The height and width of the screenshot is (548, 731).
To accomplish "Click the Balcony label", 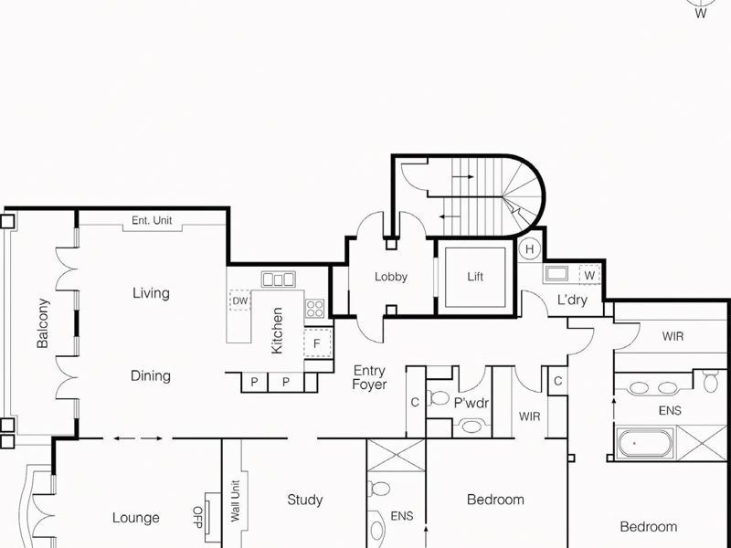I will point(42,323).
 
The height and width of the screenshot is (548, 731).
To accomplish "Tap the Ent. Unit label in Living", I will point(152,220).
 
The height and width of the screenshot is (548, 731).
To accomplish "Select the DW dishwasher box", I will point(239,300).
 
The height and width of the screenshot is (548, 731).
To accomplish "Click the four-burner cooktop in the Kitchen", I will point(314,308).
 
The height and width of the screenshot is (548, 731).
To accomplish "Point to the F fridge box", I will point(317,343).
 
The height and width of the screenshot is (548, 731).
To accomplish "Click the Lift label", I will point(474,277).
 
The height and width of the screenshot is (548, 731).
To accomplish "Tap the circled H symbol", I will point(530,248).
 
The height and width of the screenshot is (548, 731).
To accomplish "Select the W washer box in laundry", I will point(589,274).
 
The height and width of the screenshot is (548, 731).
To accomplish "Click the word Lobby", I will point(391,277).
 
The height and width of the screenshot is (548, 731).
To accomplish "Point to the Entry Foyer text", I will point(370,378).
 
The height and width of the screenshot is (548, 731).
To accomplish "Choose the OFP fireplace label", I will point(196,517).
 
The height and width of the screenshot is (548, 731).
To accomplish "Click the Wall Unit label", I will point(235,501).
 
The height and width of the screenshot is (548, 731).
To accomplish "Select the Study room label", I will point(305,500).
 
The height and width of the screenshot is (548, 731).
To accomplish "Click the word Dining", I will point(151,375).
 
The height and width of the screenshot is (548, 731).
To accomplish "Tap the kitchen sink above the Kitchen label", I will point(278,279).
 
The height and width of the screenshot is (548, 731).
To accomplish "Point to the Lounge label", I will point(136,518).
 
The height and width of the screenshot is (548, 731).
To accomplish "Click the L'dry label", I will point(573,300).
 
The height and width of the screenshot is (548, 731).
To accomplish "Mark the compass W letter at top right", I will point(701,14).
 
